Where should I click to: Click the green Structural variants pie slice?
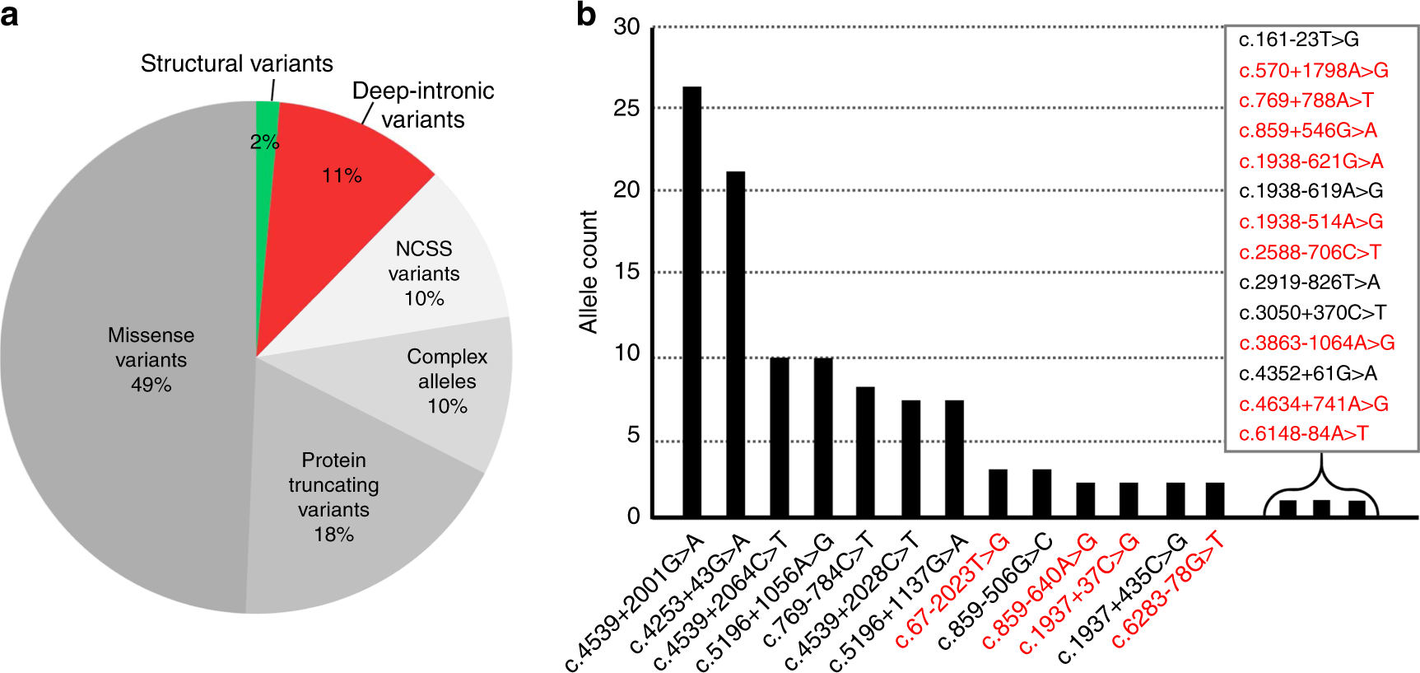266,124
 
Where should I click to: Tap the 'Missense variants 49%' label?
151,359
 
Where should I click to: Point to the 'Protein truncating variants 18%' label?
333,497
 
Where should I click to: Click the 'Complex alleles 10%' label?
447,381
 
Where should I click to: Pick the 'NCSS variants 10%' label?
424,273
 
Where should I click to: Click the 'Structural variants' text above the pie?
236,63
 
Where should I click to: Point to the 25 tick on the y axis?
626,108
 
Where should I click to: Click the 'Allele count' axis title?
588,272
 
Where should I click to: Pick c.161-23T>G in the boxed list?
1298,40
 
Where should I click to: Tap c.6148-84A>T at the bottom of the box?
1303,433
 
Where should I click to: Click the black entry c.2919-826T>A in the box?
1309,283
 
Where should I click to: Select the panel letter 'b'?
585,14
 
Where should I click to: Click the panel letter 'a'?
9,14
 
